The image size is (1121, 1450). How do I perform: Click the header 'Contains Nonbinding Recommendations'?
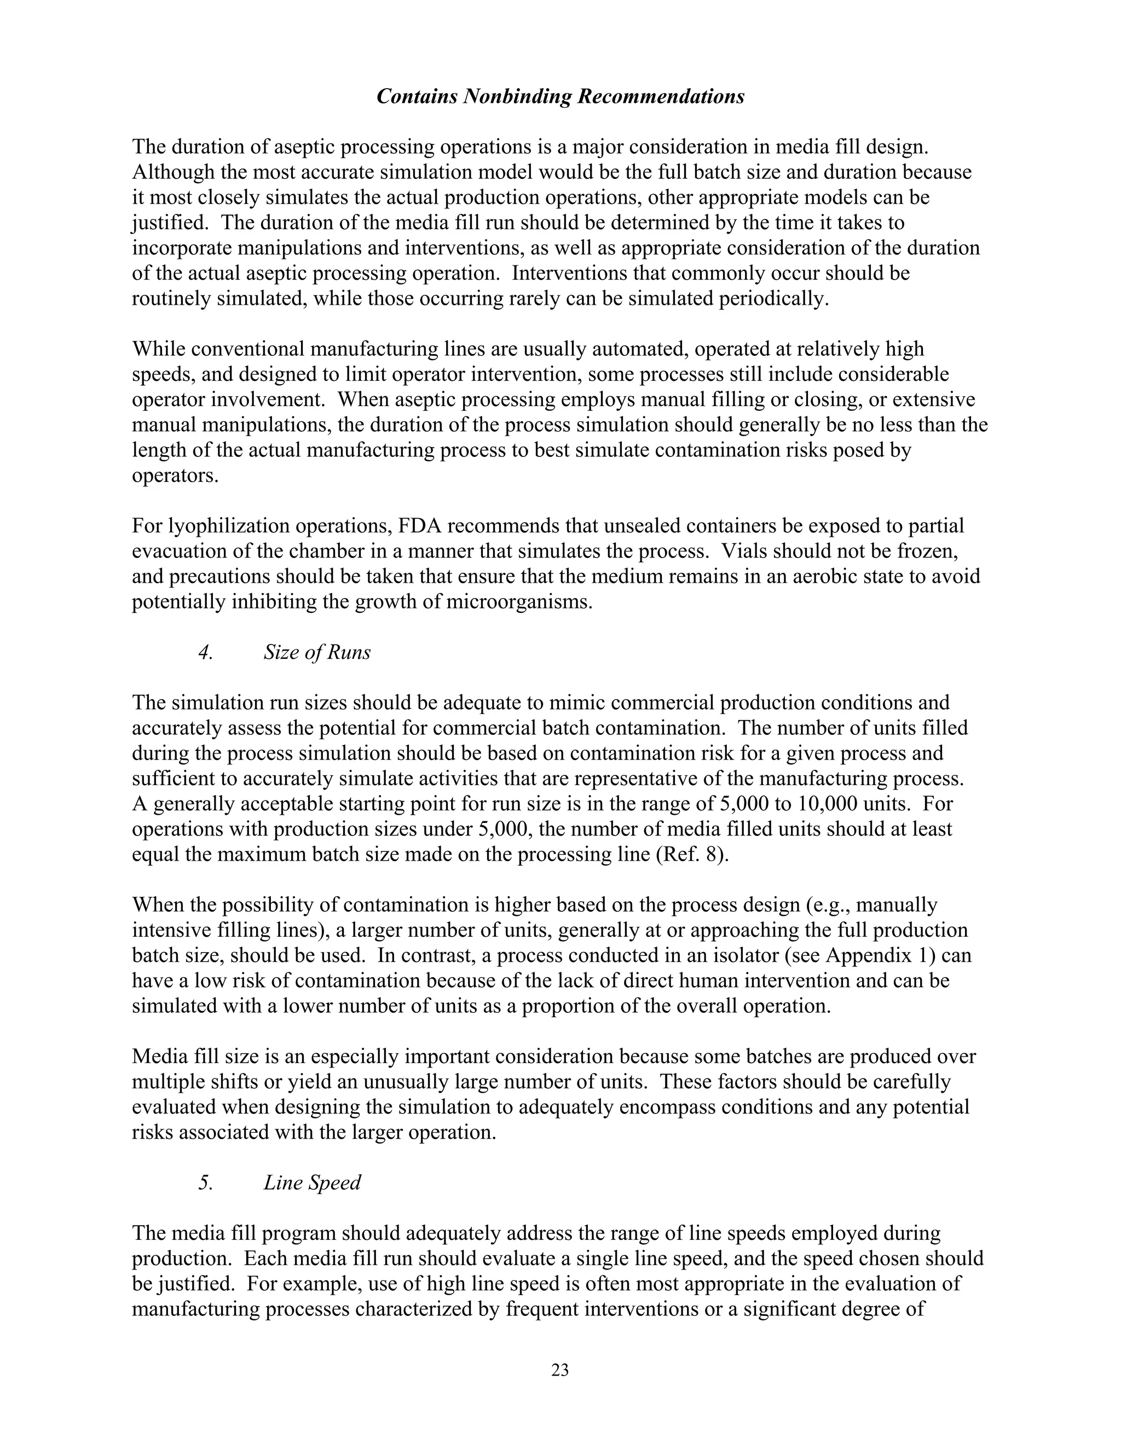click(x=560, y=97)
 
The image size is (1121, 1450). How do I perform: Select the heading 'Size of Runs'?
click(x=317, y=653)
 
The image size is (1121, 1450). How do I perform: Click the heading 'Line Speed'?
click(x=312, y=1182)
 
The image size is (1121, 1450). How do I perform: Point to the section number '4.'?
click(x=205, y=653)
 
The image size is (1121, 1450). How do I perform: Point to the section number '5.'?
click(x=205, y=1182)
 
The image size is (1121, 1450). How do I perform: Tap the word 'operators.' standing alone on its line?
click(x=175, y=476)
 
